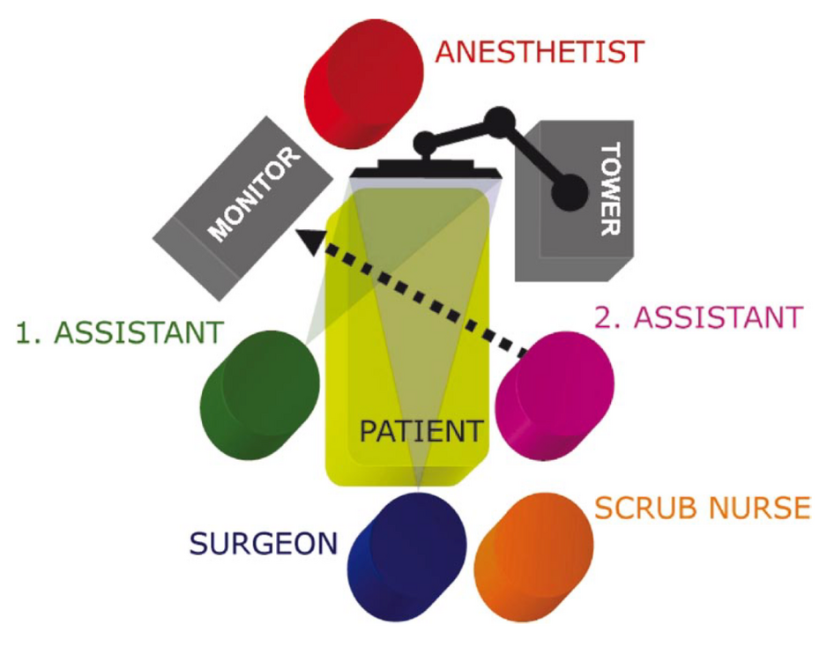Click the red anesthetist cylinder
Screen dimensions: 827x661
click(364, 85)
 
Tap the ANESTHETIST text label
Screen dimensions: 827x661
click(540, 52)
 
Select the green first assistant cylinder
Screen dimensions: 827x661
click(259, 396)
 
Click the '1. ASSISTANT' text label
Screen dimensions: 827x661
click(120, 332)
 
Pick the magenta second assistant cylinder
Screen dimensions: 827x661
click(555, 397)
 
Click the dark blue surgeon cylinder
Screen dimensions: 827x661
click(406, 557)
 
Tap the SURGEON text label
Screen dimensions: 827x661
click(264, 544)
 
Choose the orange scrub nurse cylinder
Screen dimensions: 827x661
click(533, 558)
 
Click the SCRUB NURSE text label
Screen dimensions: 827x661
click(702, 508)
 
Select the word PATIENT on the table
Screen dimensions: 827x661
click(421, 431)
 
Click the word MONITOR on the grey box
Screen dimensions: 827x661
click(254, 193)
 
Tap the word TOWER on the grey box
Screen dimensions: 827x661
click(610, 189)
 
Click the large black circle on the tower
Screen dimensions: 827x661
click(570, 192)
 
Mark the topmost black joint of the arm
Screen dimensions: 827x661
click(499, 122)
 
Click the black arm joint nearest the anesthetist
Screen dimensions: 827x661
click(425, 142)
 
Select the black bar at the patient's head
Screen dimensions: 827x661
click(426, 169)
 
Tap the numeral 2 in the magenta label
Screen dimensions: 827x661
click(602, 317)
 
